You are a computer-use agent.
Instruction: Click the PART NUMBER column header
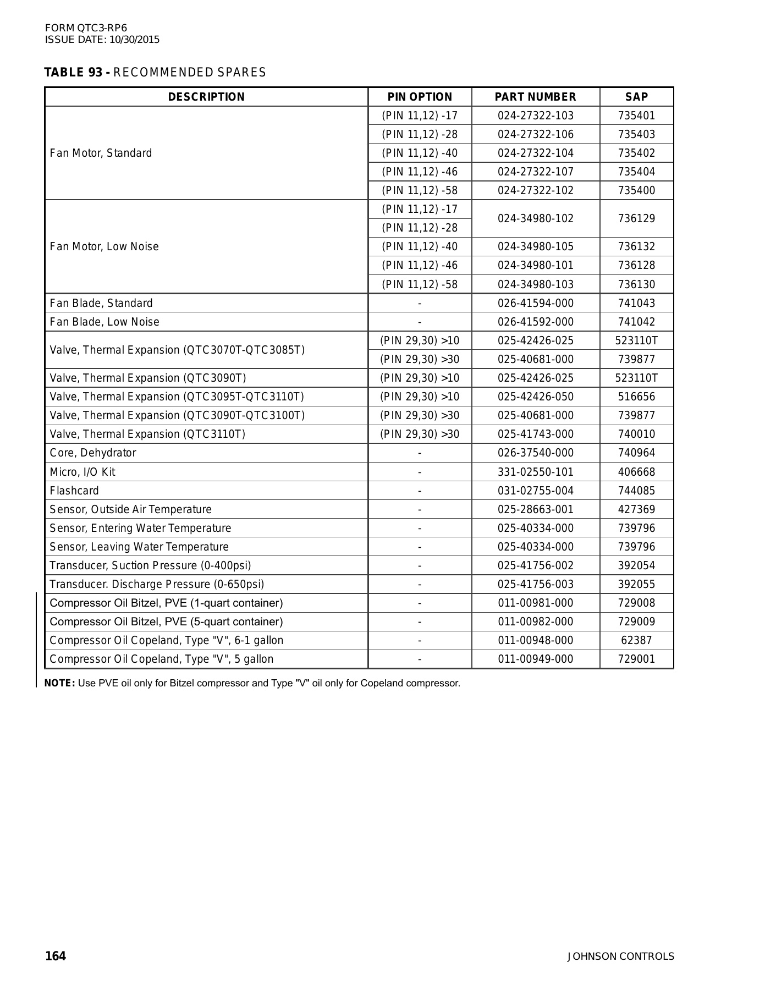(x=535, y=97)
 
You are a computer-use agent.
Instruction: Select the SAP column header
(x=636, y=97)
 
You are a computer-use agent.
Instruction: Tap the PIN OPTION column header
(x=420, y=97)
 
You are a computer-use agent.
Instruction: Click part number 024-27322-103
(x=535, y=116)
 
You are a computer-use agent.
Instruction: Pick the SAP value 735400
(x=636, y=190)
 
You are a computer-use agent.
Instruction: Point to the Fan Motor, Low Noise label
(x=104, y=246)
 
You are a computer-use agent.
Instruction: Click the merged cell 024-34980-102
(x=535, y=218)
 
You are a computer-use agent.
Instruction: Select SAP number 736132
(x=636, y=246)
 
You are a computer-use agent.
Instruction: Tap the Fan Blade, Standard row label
(x=101, y=303)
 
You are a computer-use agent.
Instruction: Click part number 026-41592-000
(x=535, y=322)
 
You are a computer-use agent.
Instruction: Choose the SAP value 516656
(x=636, y=397)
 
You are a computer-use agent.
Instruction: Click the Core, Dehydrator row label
(x=92, y=453)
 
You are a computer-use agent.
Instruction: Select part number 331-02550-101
(x=535, y=472)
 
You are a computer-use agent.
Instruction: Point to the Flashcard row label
(x=74, y=491)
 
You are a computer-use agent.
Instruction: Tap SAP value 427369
(x=636, y=509)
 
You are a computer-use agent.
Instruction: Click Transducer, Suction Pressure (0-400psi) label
(x=150, y=565)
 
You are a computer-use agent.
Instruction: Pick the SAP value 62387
(x=636, y=640)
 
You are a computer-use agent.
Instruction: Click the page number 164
(x=56, y=956)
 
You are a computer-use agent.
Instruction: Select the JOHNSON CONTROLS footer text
(x=620, y=956)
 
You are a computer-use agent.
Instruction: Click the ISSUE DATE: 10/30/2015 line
(x=102, y=40)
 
